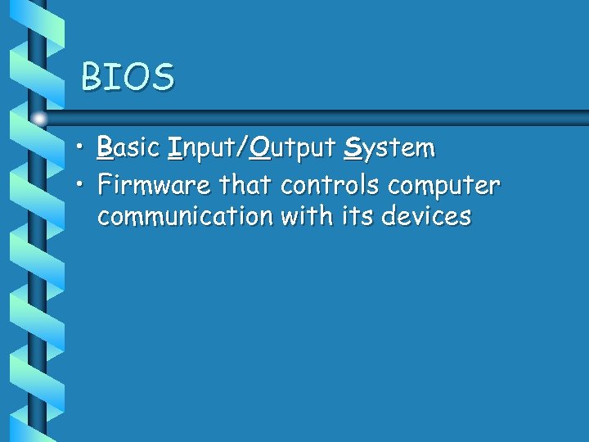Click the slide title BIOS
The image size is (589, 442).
128,78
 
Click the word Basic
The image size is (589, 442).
128,148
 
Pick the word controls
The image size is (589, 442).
330,185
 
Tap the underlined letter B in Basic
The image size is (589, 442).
104,148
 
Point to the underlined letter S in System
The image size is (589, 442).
353,148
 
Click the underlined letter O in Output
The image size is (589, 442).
260,148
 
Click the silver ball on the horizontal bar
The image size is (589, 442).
39,119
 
